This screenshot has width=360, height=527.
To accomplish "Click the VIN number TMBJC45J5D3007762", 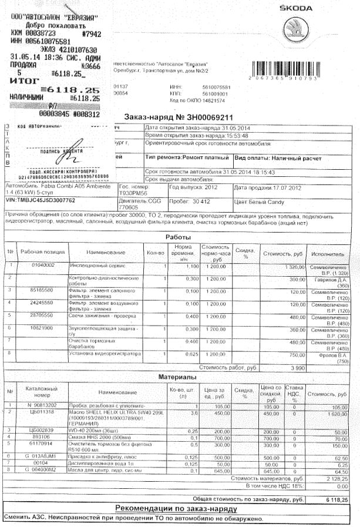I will click(40, 200).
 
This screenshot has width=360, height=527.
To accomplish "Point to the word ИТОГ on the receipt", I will click(24, 79).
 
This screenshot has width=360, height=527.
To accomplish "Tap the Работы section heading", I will click(179, 237).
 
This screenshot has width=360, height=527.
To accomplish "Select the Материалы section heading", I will click(177, 376).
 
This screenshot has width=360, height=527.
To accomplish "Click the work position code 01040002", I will click(43, 266).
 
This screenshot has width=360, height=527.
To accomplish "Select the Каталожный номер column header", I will click(41, 392).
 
